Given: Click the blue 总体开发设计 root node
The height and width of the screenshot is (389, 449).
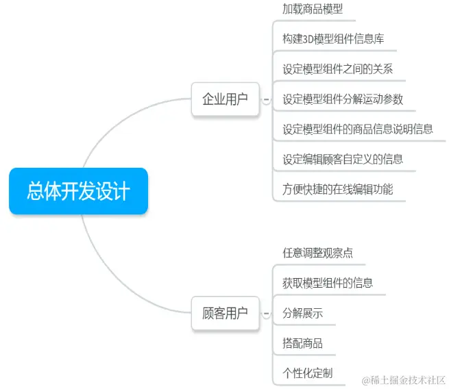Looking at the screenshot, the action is [x=78, y=190].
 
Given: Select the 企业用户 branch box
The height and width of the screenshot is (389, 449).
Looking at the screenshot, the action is [x=225, y=99].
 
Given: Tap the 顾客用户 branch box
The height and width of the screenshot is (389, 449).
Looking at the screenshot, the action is [x=225, y=314].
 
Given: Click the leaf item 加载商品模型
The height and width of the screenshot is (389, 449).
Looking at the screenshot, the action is [x=313, y=9].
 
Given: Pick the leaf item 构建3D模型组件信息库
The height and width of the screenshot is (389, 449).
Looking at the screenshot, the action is [x=333, y=39].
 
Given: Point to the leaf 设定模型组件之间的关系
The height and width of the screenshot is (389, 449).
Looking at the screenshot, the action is [x=337, y=69].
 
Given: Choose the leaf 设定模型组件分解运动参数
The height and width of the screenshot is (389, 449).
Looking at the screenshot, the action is [x=343, y=99].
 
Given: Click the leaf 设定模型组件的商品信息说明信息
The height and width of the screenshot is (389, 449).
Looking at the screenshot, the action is [x=358, y=129].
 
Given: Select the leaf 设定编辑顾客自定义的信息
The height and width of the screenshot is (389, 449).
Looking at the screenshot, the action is [x=343, y=159].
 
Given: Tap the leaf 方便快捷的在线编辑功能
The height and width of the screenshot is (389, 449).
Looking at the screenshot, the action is [x=338, y=189].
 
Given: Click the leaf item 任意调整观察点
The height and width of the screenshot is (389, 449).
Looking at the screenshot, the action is [x=317, y=253].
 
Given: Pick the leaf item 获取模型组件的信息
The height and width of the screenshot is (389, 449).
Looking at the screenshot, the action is [x=328, y=283].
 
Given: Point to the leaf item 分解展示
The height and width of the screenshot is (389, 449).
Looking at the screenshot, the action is [x=302, y=314].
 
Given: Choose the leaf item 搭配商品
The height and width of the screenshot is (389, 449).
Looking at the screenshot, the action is [x=302, y=343].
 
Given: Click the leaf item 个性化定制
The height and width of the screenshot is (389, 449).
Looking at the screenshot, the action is [x=307, y=373].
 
